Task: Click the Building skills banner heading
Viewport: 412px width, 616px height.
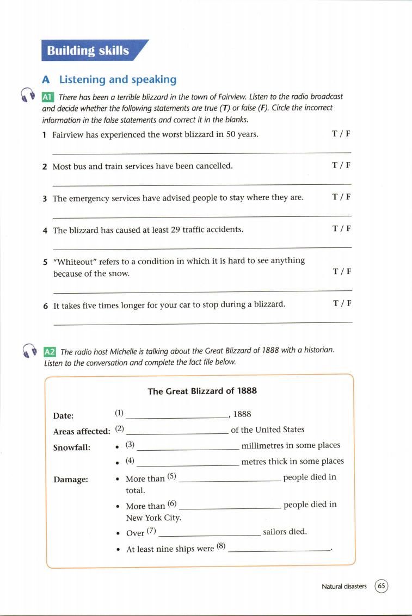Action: coord(88,51)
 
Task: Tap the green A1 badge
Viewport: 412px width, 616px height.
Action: coord(48,97)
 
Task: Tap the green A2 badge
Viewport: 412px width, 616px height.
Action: coord(50,351)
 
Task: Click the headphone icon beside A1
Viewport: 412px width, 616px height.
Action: coord(26,95)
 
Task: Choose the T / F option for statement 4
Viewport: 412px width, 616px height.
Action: coord(341,229)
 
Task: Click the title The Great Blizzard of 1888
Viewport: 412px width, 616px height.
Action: coord(202,391)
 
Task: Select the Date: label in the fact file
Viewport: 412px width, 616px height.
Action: coord(63,416)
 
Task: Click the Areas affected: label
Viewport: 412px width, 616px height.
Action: coord(82,431)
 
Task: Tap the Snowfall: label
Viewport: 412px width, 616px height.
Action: coord(72,447)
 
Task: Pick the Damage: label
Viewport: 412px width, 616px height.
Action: coord(71,480)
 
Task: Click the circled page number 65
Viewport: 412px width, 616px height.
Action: coord(382,586)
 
